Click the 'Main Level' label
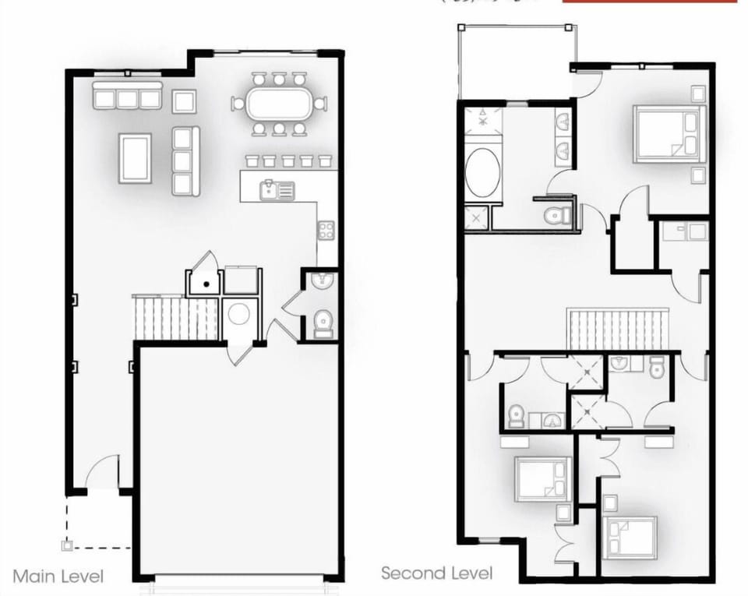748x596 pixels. click(x=58, y=577)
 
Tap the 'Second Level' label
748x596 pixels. click(x=436, y=573)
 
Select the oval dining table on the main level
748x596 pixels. click(x=279, y=103)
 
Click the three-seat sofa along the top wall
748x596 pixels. click(x=128, y=97)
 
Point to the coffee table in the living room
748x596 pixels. click(x=135, y=158)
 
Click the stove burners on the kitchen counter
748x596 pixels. click(x=326, y=230)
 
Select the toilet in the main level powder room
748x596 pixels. click(x=323, y=323)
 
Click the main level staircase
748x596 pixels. click(x=175, y=317)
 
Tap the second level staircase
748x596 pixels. click(x=618, y=330)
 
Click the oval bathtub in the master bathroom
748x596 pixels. click(x=482, y=172)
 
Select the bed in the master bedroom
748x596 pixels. click(x=669, y=134)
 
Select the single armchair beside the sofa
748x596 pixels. click(x=184, y=101)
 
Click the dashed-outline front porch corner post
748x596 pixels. click(x=67, y=545)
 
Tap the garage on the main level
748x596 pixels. click(x=238, y=460)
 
